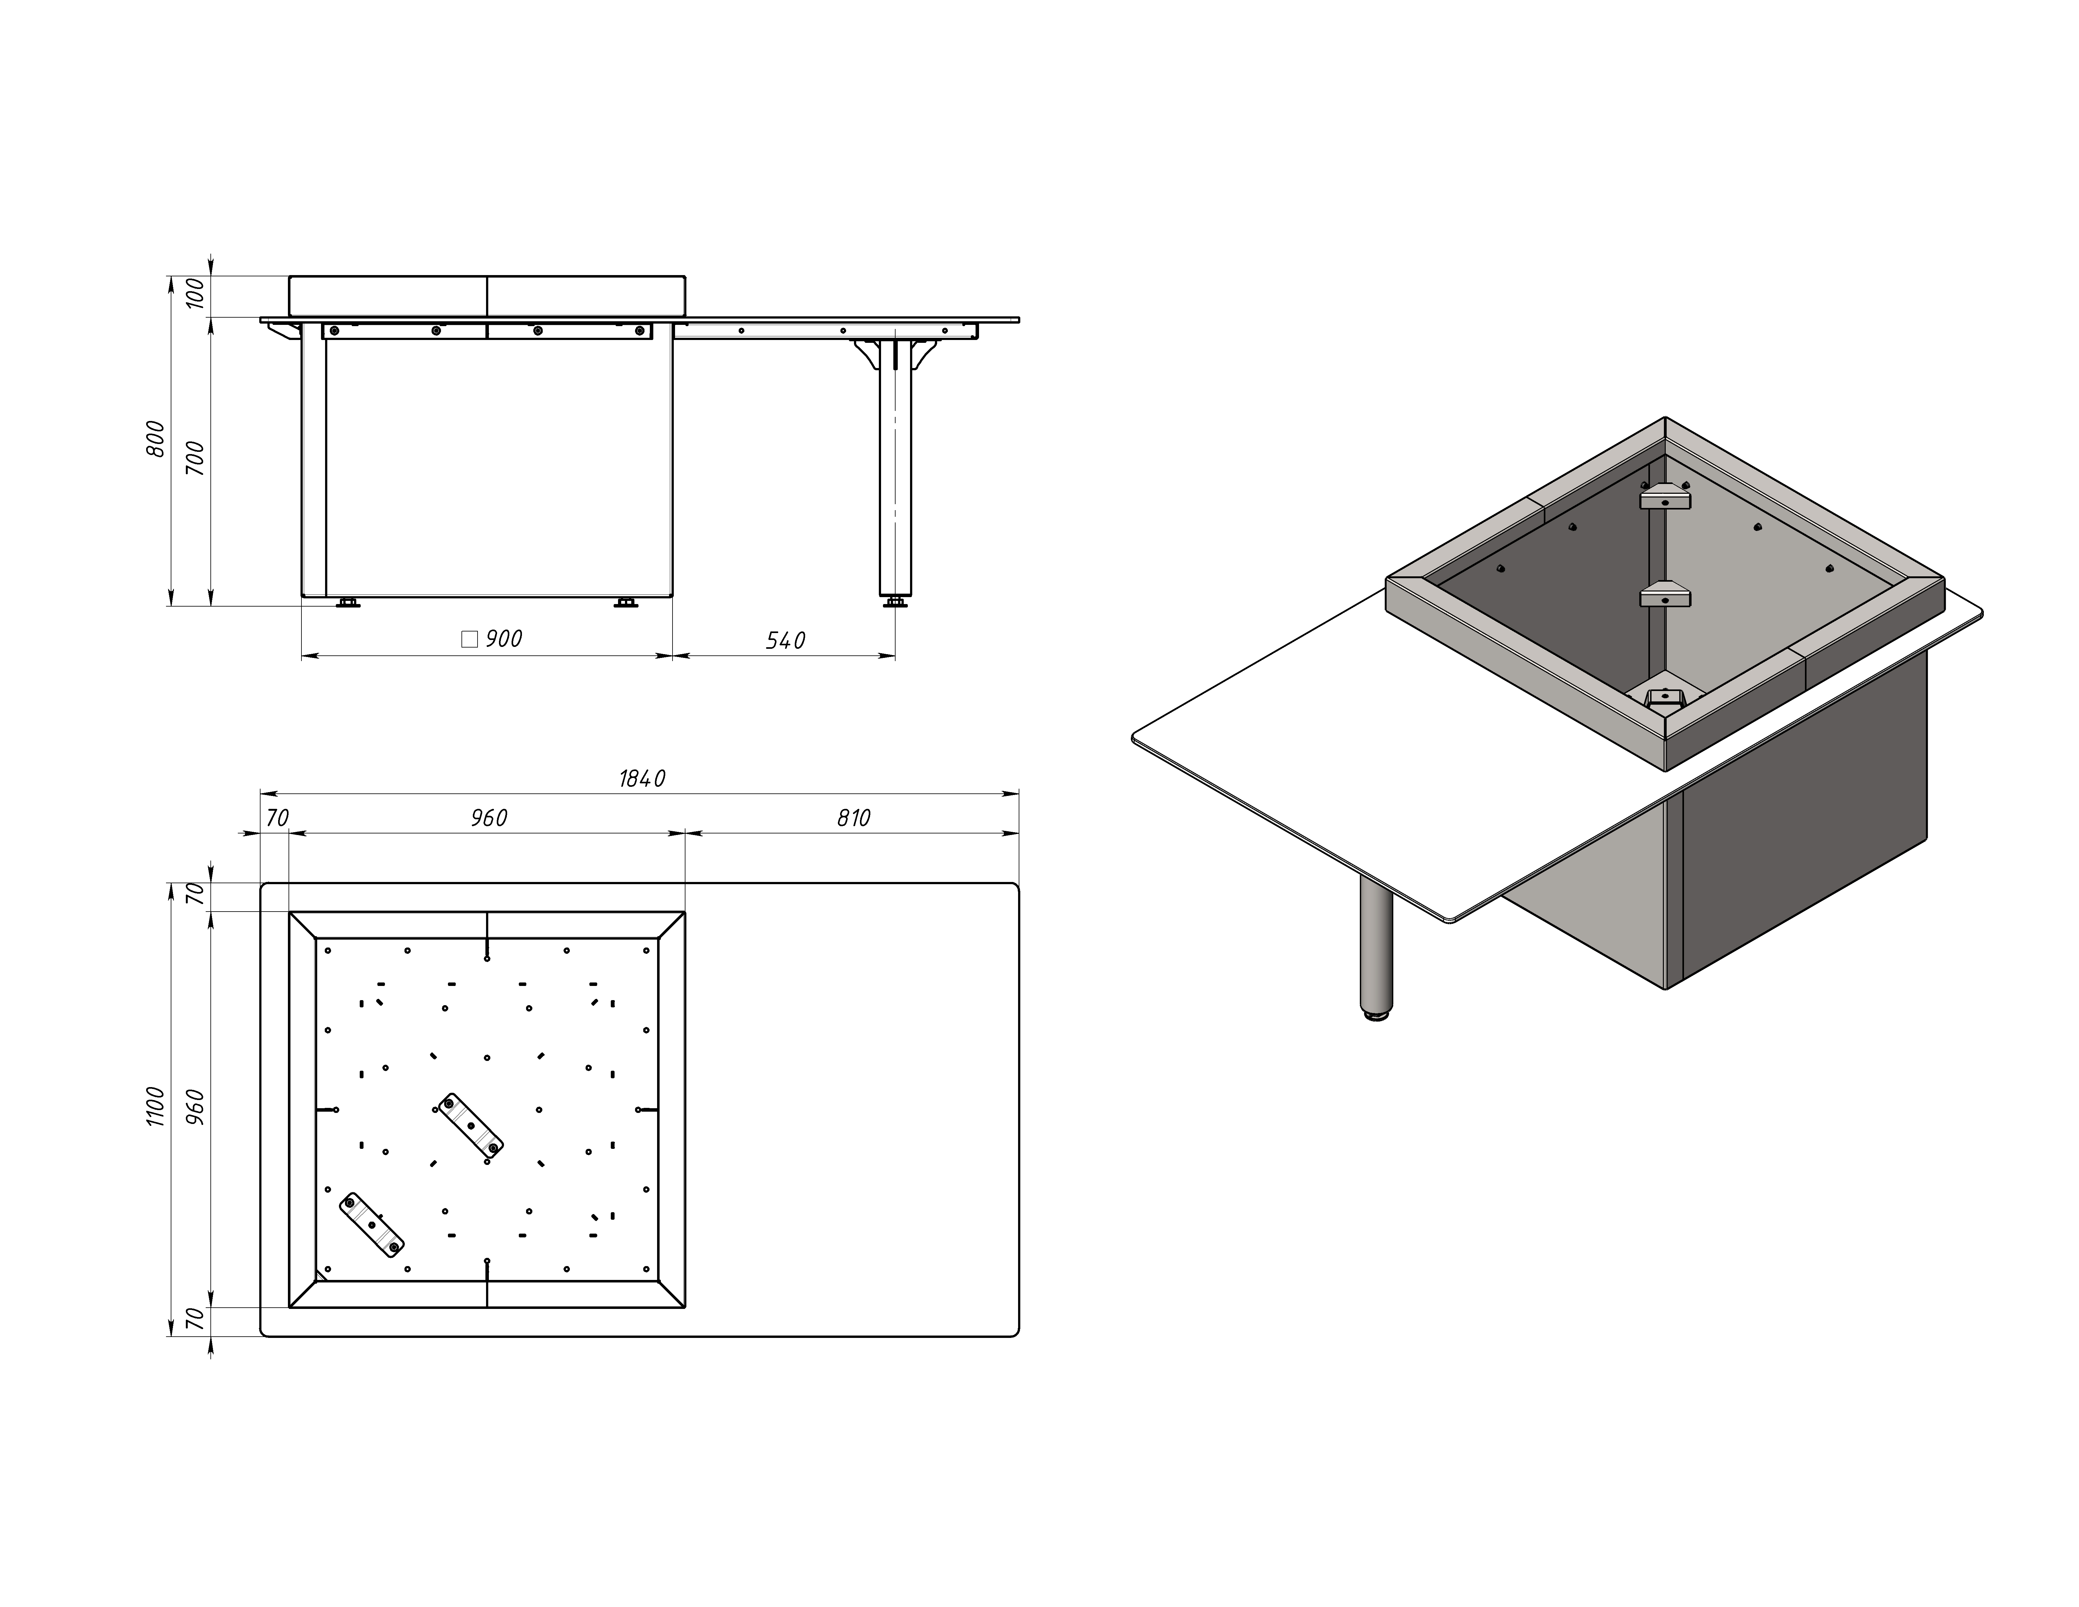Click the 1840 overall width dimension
click(643, 779)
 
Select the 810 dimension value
click(854, 818)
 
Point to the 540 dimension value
click(785, 641)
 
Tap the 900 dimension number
click(504, 639)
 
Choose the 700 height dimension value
click(195, 459)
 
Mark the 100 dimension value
click(195, 293)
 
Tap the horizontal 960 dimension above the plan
click(488, 818)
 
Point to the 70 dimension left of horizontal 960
click(277, 818)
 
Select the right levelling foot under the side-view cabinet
click(625, 602)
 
